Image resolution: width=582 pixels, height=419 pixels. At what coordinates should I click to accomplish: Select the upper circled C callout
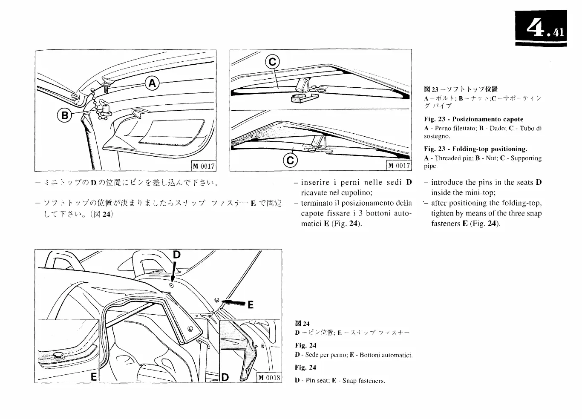tap(272, 63)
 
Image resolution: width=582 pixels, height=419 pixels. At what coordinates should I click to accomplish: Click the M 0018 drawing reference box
tap(269, 377)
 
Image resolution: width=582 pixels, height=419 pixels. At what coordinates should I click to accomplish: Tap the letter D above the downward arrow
tap(177, 255)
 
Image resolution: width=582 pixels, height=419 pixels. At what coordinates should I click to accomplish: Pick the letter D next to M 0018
tap(225, 377)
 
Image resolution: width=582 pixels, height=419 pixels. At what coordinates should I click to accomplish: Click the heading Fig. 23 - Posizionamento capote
tap(473, 119)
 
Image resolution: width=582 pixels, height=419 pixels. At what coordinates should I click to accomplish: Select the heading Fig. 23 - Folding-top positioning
tap(475, 149)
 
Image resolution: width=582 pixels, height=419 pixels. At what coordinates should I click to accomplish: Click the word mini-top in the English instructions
tap(477, 192)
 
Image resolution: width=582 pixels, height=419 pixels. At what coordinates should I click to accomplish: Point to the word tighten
tap(442, 213)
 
